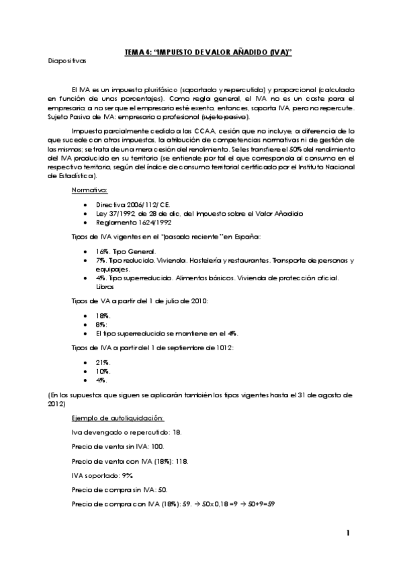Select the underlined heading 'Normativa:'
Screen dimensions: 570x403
pos(89,190)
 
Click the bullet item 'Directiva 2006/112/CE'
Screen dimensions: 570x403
pos(125,202)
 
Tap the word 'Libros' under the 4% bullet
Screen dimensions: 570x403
pos(105,286)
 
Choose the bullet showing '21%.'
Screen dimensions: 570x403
pos(103,361)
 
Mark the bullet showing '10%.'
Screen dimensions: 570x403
pos(103,370)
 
